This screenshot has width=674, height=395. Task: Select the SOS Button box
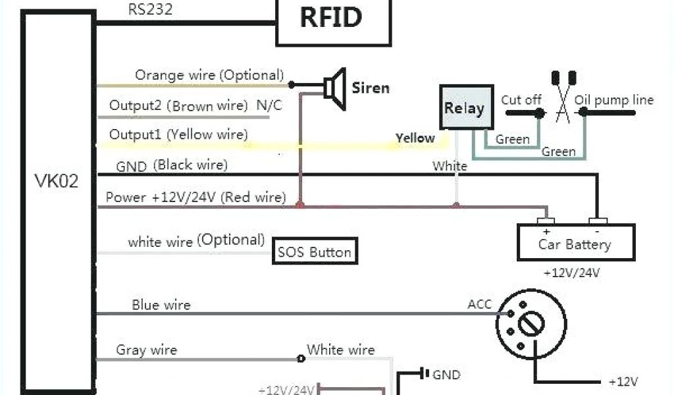[x=314, y=251]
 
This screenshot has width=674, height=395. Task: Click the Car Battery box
[x=575, y=243]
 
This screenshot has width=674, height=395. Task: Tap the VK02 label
[x=56, y=180]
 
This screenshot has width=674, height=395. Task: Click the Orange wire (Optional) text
[x=209, y=75]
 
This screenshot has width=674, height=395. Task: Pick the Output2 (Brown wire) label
[x=178, y=105]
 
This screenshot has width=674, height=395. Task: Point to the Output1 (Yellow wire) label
[x=178, y=135]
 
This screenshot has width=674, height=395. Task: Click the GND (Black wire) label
[x=171, y=166]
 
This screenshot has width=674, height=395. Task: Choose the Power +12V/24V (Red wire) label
[x=195, y=197]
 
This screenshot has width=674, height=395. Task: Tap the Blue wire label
[x=161, y=305]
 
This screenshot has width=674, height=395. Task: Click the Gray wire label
[x=146, y=350]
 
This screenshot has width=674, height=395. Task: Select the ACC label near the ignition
[x=479, y=304]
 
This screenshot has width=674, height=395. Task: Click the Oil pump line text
[x=614, y=100]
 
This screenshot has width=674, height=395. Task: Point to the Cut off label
[x=521, y=100]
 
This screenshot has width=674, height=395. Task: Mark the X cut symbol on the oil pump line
[x=563, y=105]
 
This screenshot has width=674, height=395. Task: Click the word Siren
[x=371, y=88]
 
